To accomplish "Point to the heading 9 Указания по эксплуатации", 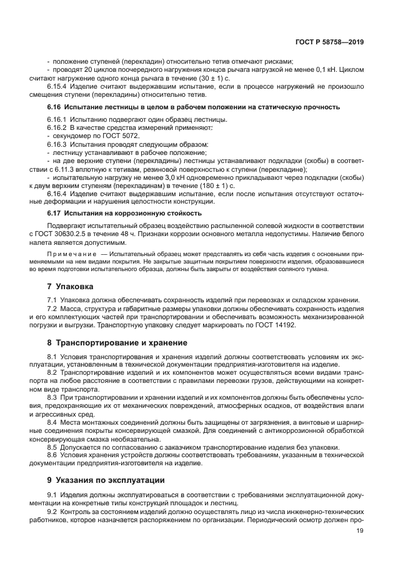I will pos(106,480).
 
